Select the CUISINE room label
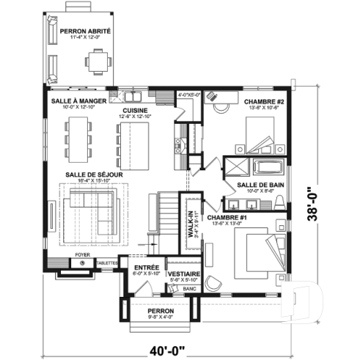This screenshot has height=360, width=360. [x=136, y=109]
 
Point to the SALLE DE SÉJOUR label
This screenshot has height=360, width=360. [x=92, y=174]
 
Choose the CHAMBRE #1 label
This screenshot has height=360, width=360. [x=228, y=218]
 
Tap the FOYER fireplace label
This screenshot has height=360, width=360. [x=83, y=255]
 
